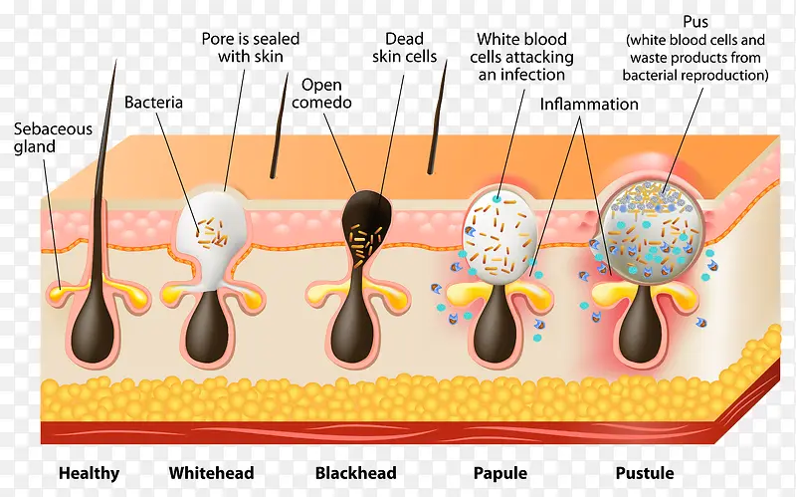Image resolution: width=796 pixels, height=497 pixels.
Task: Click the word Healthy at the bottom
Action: point(89,473)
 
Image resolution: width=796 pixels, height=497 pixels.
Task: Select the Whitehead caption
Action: point(211,473)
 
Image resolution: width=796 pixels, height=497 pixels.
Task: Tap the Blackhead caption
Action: point(355,473)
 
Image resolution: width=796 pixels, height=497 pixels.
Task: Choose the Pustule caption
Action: point(644,473)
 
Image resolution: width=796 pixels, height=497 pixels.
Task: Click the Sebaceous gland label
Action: point(53,137)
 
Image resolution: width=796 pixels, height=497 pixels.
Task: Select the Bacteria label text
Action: point(153,102)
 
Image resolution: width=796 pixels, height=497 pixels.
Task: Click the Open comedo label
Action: point(327,94)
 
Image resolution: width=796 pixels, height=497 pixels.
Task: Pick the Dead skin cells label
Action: point(404,48)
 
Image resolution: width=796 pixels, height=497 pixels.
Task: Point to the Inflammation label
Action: point(589,104)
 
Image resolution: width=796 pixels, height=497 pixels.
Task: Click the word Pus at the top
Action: point(696,21)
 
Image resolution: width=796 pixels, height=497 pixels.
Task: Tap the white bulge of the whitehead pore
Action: point(212,229)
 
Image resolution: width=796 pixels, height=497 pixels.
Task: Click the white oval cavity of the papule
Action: point(499,235)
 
